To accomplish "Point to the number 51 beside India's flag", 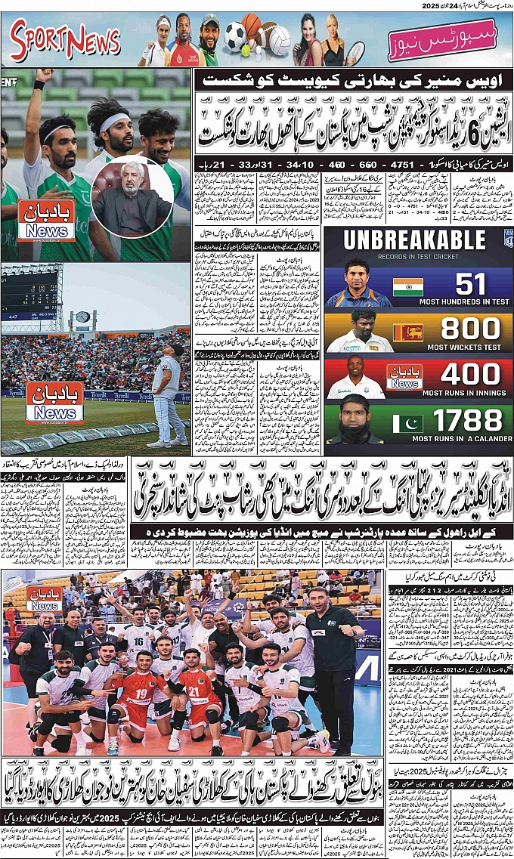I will (x=470, y=285).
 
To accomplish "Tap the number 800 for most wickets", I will (x=470, y=329).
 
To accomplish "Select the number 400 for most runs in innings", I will (x=470, y=374).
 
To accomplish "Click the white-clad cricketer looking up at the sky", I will (x=167, y=393).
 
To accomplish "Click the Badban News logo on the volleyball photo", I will (x=44, y=598).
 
